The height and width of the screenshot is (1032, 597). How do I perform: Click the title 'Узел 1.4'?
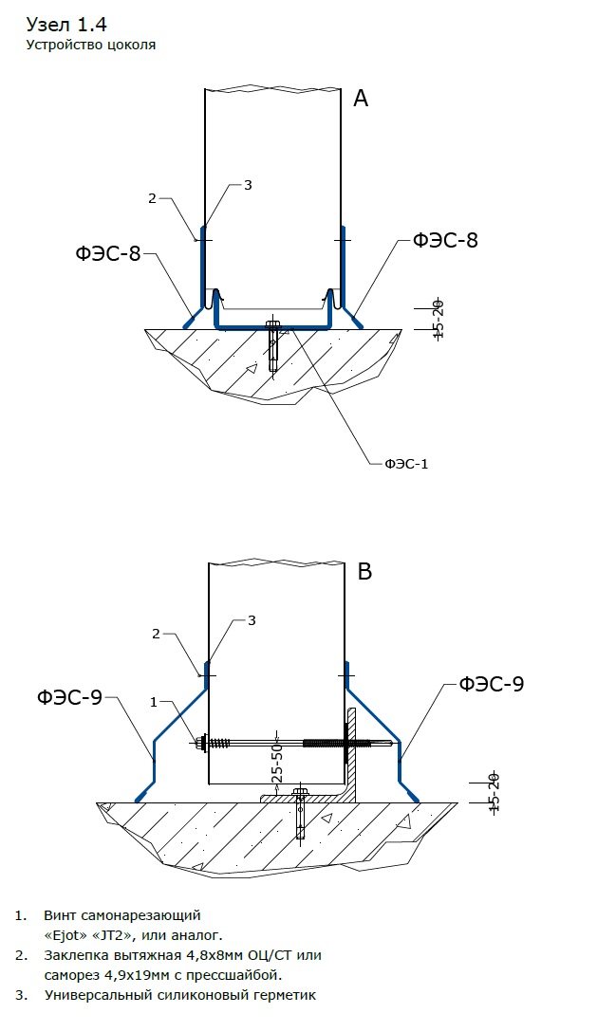pyautogui.click(x=65, y=24)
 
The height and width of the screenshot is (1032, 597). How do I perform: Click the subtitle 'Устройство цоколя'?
pyautogui.click(x=90, y=44)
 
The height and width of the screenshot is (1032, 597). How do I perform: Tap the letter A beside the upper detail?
pyautogui.click(x=361, y=98)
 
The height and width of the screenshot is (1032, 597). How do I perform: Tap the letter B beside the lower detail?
pyautogui.click(x=364, y=571)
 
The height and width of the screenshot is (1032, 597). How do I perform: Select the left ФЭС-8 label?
pyautogui.click(x=107, y=252)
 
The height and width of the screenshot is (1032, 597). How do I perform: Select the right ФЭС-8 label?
pyautogui.click(x=445, y=240)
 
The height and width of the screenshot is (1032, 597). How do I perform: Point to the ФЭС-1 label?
pyautogui.click(x=407, y=464)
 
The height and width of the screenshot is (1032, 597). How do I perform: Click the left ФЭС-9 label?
pyautogui.click(x=70, y=697)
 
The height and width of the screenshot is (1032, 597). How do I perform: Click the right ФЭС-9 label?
pyautogui.click(x=492, y=683)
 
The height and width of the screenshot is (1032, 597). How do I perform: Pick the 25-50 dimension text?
pyautogui.click(x=277, y=761)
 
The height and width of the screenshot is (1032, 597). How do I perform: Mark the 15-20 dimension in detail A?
pyautogui.click(x=438, y=318)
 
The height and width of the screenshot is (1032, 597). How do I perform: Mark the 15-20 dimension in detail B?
pyautogui.click(x=493, y=791)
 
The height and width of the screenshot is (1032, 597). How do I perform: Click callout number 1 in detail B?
pyautogui.click(x=153, y=702)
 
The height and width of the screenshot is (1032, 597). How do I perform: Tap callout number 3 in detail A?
pyautogui.click(x=248, y=185)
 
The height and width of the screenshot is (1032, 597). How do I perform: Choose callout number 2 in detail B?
pyautogui.click(x=156, y=634)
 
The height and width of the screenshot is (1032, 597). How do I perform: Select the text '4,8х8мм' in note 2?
pyautogui.click(x=183, y=955)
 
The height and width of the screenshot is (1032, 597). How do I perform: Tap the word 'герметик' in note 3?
pyautogui.click(x=282, y=995)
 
